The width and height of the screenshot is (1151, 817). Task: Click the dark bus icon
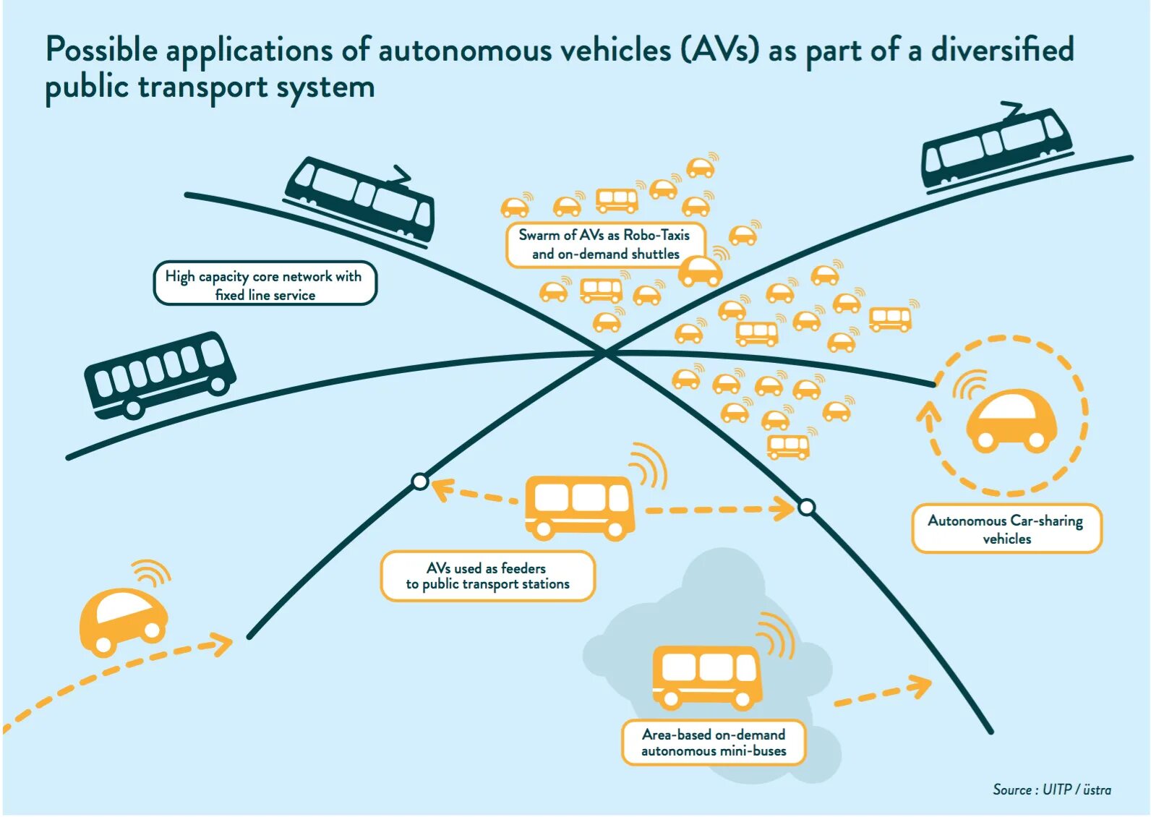(x=160, y=375)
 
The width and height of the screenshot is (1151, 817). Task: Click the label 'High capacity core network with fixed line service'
(x=265, y=283)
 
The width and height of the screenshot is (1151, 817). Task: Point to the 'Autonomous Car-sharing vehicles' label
(x=1006, y=529)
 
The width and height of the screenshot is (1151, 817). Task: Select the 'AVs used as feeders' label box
(x=487, y=576)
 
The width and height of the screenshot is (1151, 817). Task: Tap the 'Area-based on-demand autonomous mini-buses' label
(x=714, y=743)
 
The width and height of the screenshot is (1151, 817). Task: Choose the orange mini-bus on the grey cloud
(x=707, y=677)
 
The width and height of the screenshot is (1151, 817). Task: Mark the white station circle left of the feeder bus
(x=420, y=482)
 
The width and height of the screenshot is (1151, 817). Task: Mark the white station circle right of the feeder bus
(x=806, y=508)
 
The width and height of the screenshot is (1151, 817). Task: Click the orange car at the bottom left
(x=124, y=621)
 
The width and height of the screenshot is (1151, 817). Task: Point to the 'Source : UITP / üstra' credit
(x=1052, y=790)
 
